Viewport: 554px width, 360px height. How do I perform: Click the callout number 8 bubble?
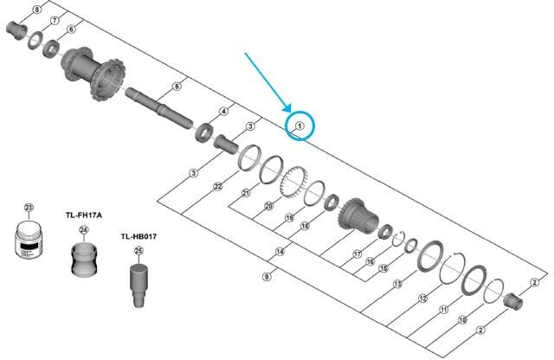tap(37, 10)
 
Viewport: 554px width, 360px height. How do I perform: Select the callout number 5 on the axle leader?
tap(177, 87)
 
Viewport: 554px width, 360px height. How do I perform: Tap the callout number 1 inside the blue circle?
tap(300, 125)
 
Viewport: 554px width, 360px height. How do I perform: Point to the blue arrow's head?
tap(287, 108)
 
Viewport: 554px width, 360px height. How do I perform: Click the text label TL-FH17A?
tap(84, 215)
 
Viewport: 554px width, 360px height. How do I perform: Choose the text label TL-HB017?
tap(138, 236)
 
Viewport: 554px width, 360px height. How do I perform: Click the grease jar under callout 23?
tap(29, 239)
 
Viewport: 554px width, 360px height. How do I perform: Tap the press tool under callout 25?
tap(138, 286)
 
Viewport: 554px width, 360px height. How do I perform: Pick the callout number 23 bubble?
tap(29, 208)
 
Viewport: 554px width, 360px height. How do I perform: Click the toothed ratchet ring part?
tap(294, 183)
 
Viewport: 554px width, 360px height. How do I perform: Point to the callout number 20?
tap(269, 206)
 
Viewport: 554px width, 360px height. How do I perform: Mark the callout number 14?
tap(280, 252)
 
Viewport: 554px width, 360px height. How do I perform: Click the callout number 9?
tap(267, 277)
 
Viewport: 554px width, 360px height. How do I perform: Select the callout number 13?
tap(398, 283)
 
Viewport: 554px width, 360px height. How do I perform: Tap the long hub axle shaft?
tap(159, 107)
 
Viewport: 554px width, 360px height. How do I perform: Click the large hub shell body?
tap(93, 73)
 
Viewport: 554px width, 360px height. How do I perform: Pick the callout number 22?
tap(217, 186)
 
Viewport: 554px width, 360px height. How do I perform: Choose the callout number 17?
tap(358, 254)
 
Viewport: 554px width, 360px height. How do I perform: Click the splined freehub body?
tap(358, 215)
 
